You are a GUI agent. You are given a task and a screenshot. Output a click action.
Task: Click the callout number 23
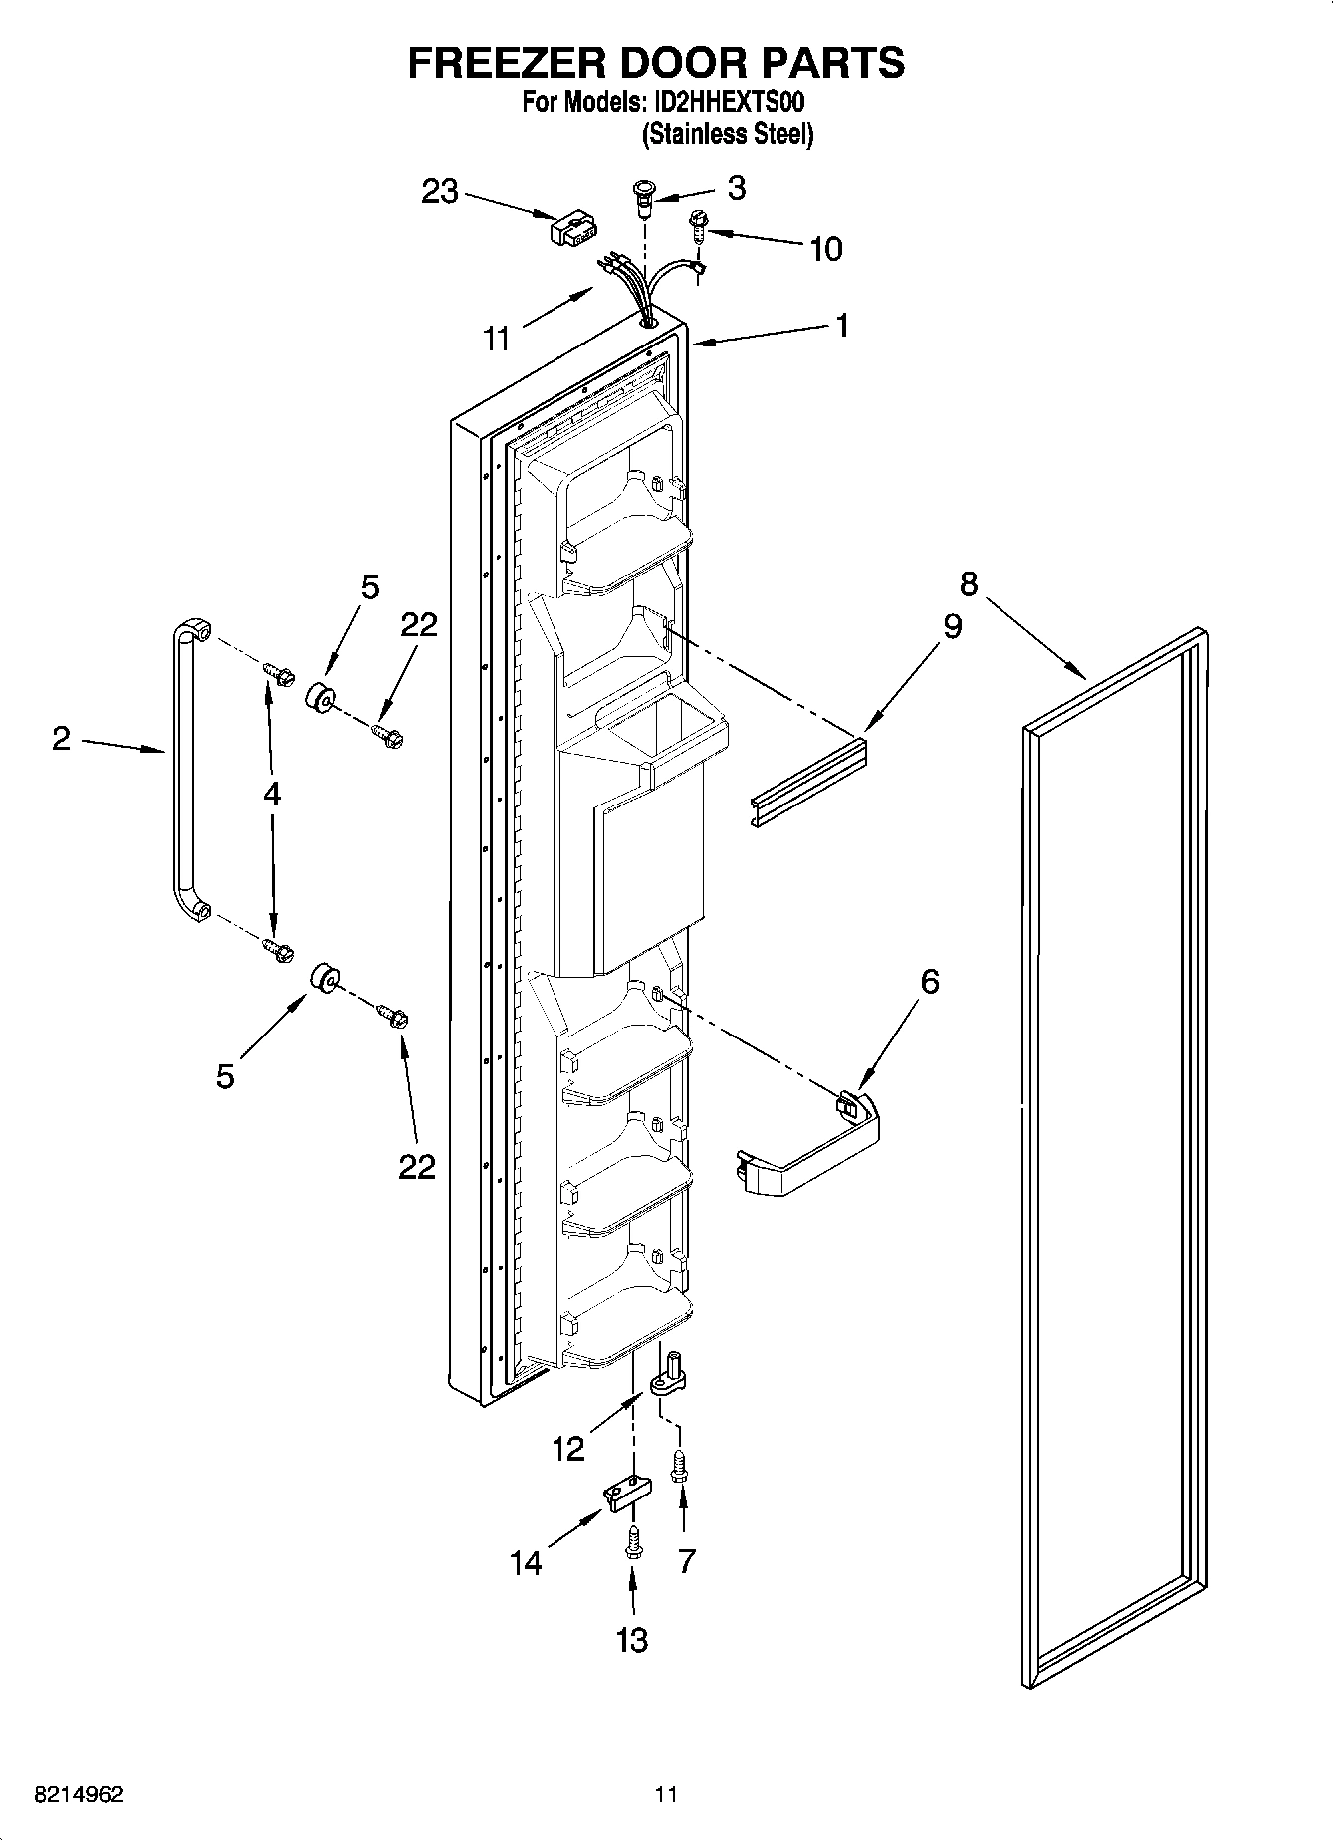(x=439, y=191)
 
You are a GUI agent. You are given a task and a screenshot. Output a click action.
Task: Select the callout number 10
(x=826, y=249)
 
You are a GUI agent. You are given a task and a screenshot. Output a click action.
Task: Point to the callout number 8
(x=970, y=582)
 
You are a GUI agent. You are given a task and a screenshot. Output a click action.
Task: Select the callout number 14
(x=526, y=1563)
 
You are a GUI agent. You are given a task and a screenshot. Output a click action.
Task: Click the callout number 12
(x=568, y=1449)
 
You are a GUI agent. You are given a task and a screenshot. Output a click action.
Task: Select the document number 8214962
(x=79, y=1795)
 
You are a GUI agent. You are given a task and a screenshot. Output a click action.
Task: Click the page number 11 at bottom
(x=666, y=1795)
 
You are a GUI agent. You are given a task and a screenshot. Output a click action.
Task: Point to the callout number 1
(x=841, y=325)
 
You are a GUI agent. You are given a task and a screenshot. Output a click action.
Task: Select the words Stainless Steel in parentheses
(x=728, y=134)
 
